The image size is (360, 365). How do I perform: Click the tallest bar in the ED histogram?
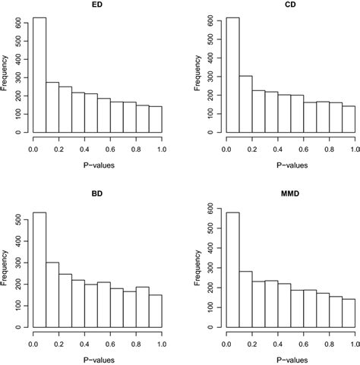[39, 76]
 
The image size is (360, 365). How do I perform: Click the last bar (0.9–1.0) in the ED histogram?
[156, 119]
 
